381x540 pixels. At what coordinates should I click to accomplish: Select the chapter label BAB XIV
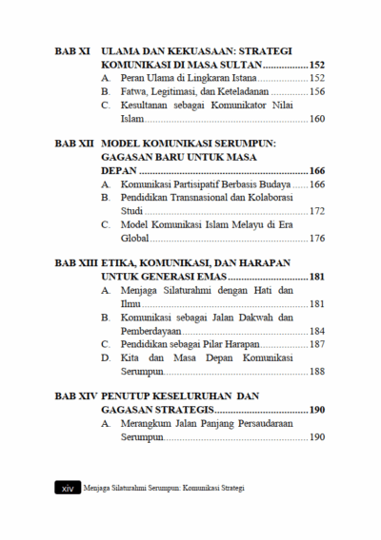[75, 394]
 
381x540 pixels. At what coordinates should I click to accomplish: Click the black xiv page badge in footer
[67, 488]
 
